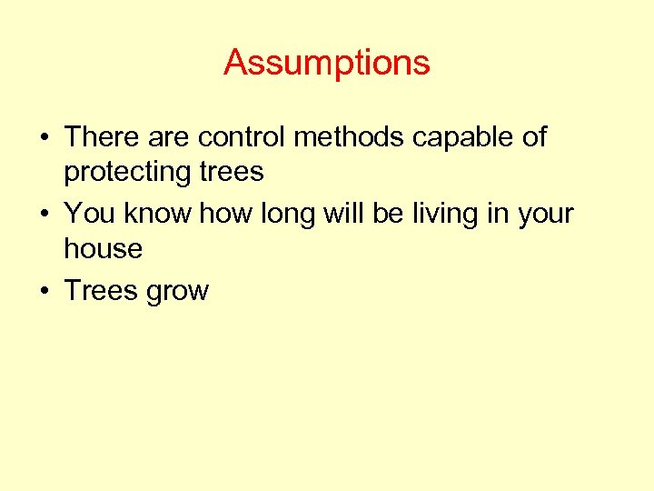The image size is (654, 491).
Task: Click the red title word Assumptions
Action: click(326, 63)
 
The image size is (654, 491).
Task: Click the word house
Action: click(103, 249)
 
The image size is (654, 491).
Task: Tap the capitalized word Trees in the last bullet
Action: click(98, 291)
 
